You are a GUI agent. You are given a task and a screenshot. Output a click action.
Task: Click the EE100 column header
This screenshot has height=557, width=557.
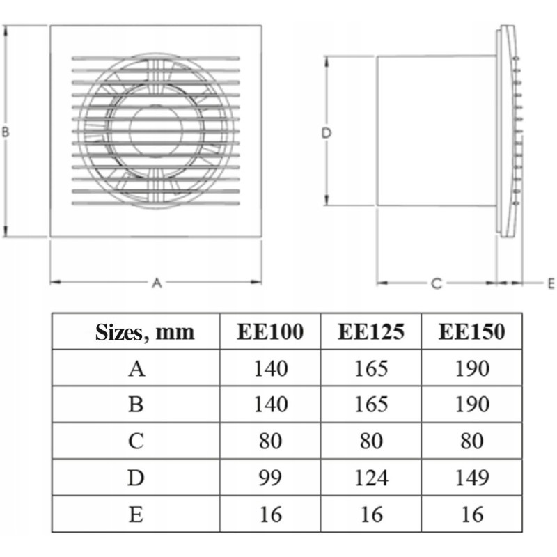(x=270, y=332)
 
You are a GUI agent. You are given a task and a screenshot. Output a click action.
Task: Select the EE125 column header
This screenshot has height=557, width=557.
(x=371, y=332)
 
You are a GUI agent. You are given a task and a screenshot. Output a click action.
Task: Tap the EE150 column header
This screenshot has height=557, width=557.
(x=472, y=332)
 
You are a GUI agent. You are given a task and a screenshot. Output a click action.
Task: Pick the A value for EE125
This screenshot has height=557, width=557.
(x=371, y=368)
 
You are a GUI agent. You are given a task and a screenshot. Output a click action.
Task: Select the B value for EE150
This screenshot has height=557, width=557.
(x=472, y=405)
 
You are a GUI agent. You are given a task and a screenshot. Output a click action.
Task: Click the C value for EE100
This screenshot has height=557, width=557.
(x=270, y=441)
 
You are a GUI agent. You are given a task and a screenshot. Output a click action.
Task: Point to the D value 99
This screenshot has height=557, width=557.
(x=270, y=478)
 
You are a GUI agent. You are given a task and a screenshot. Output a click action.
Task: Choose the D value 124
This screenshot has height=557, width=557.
(x=371, y=478)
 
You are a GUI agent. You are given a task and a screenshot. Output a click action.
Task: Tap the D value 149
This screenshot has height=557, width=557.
(x=472, y=478)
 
